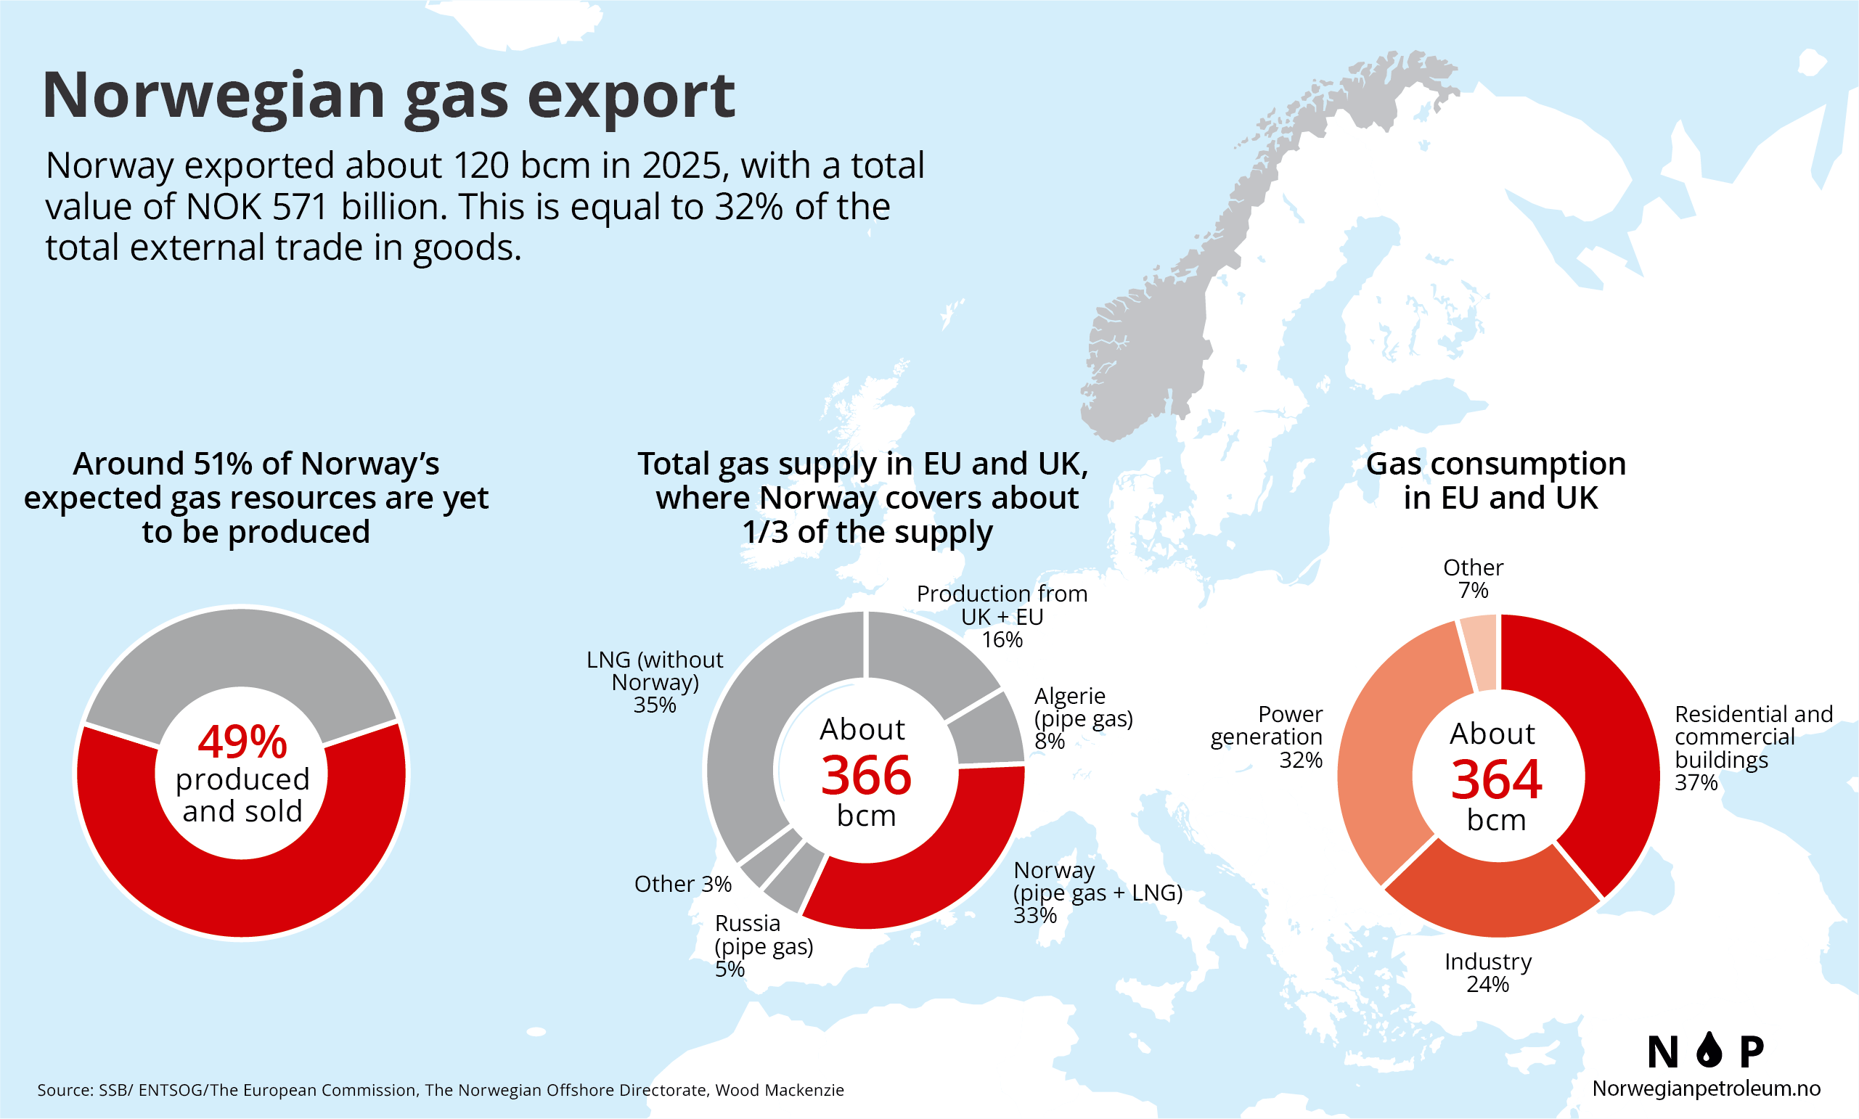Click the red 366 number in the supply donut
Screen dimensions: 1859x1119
866,776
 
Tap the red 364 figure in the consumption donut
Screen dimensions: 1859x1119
1496,779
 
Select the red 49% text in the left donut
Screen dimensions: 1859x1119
242,742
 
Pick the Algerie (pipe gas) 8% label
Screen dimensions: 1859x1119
1083,718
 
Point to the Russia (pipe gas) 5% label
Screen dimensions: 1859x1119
764,946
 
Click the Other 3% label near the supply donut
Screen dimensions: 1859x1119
682,884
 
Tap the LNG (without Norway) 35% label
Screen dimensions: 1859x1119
655,681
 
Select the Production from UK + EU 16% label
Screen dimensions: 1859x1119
1002,616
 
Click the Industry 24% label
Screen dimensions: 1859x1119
1488,972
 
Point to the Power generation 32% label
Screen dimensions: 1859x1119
1266,737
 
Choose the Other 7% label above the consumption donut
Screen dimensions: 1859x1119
1473,578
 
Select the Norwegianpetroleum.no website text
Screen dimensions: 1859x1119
1706,1088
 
